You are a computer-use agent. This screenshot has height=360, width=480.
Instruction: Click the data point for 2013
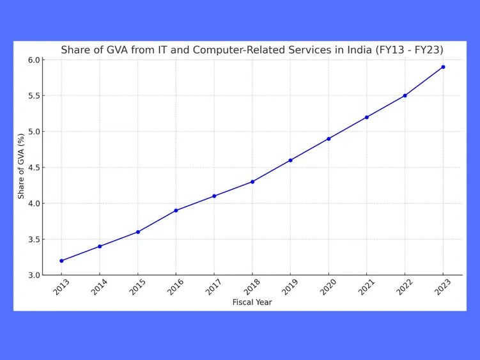(61, 261)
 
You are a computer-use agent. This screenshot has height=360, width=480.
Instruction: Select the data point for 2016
(176, 210)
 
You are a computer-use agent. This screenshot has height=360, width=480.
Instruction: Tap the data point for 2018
(252, 182)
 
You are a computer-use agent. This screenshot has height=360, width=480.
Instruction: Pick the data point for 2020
(329, 139)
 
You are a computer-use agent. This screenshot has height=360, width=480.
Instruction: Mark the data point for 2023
(443, 67)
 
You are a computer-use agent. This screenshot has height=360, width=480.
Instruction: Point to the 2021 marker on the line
(367, 117)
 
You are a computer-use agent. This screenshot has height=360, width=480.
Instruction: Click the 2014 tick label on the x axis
(99, 288)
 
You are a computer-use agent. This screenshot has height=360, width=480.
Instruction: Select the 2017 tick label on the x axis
(213, 288)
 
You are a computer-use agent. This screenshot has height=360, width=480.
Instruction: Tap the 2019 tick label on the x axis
(290, 288)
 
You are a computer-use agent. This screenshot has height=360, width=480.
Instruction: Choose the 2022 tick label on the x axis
(405, 288)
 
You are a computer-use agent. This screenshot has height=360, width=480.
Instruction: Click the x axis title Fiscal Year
(252, 302)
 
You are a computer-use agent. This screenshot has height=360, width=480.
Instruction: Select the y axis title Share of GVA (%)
(21, 166)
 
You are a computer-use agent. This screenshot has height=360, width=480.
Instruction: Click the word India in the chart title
(358, 50)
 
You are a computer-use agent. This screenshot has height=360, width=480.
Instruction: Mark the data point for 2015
(137, 232)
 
